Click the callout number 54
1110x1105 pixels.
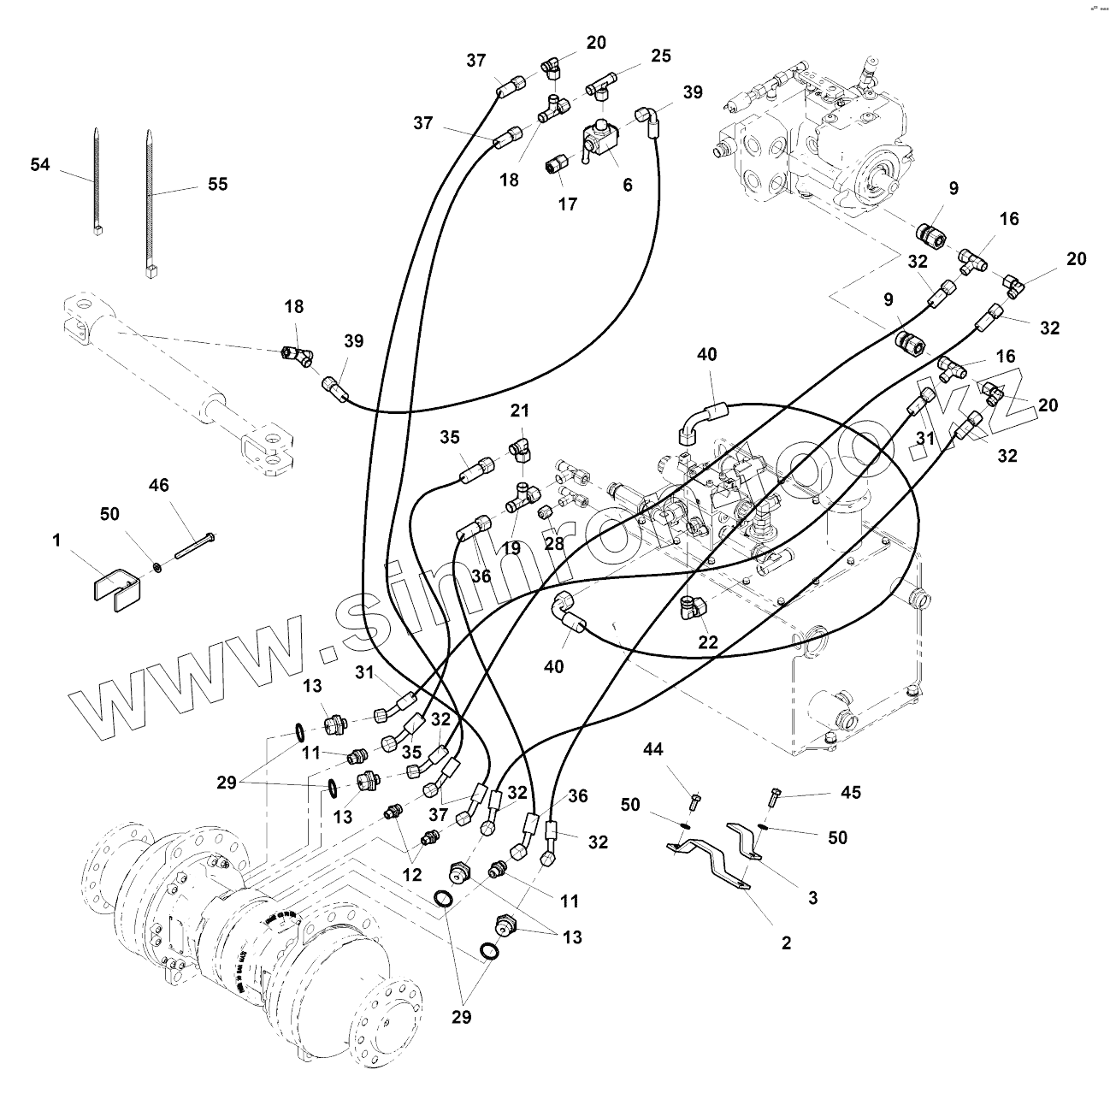click(40, 165)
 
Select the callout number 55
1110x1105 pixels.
click(218, 184)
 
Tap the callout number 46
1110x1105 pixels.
click(159, 486)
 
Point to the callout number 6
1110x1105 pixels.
click(628, 184)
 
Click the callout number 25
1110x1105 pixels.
click(660, 56)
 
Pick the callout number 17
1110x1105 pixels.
click(568, 204)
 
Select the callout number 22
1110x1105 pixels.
click(708, 641)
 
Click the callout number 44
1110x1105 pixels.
click(653, 750)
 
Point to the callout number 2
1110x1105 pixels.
click(786, 942)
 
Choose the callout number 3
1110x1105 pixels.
click(812, 898)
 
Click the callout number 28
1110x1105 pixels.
click(554, 545)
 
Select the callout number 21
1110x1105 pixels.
click(521, 411)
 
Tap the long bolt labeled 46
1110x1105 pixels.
click(195, 545)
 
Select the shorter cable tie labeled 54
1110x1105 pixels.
click(96, 180)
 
